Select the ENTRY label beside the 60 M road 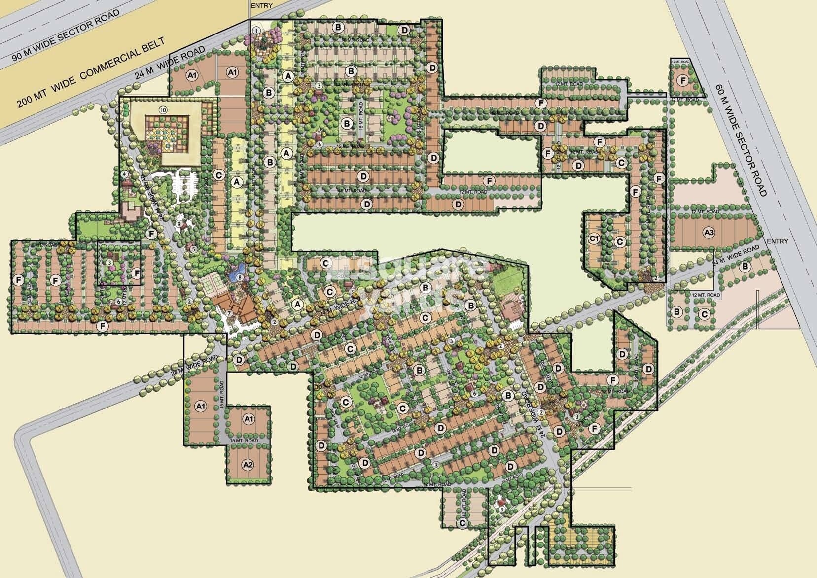click(x=778, y=241)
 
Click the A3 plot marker click(x=709, y=232)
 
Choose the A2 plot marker click(x=248, y=465)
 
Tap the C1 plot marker click(x=594, y=238)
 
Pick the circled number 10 click(x=162, y=109)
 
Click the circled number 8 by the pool click(x=240, y=278)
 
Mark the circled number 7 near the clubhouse click(x=229, y=299)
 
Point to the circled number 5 click(x=194, y=249)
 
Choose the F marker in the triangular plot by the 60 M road click(x=683, y=80)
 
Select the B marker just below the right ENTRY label click(x=746, y=267)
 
